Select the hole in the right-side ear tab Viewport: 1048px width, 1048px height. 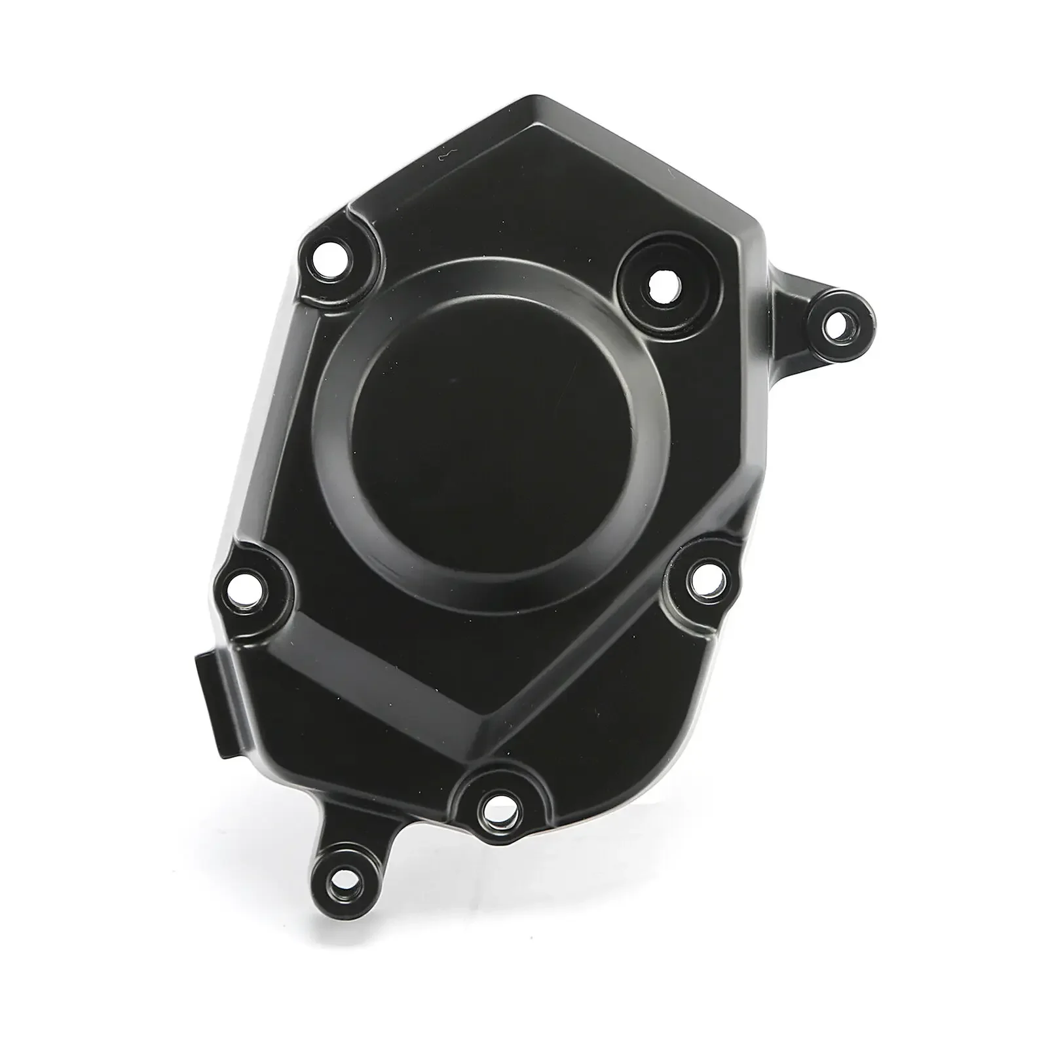[836, 324]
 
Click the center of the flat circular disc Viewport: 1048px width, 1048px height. [491, 429]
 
